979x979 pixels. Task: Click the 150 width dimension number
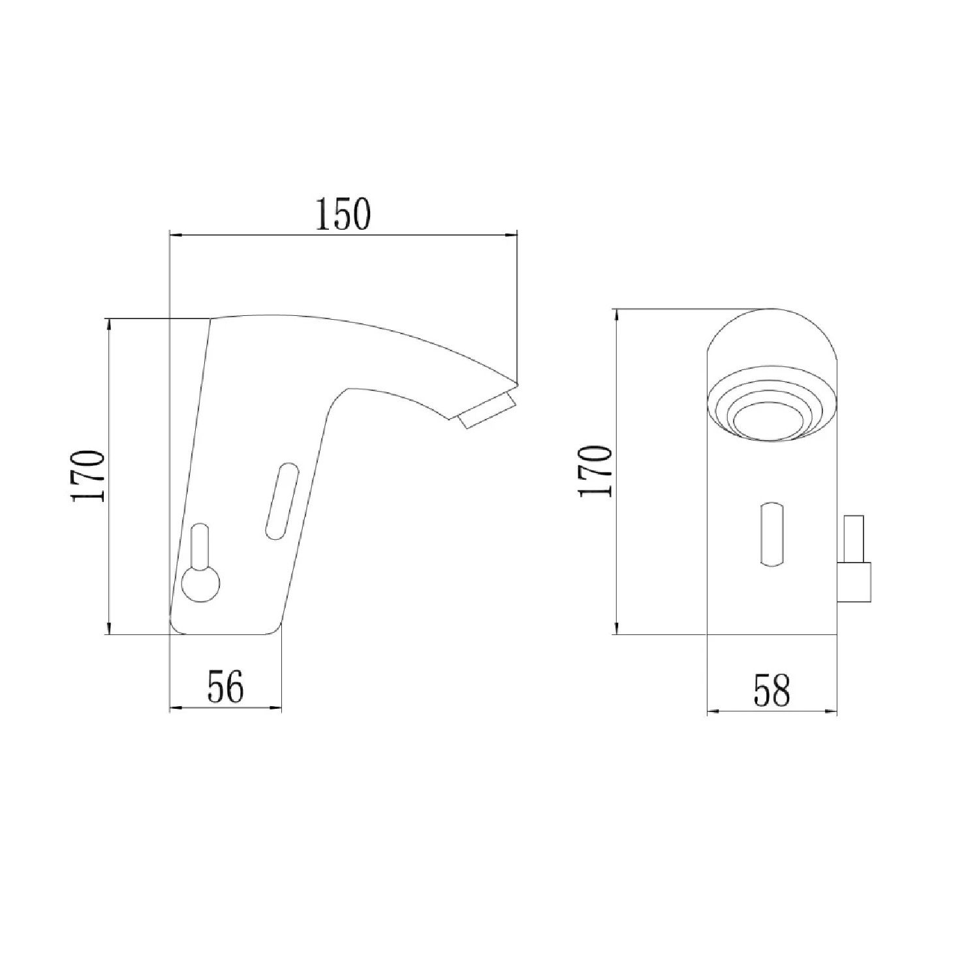click(343, 213)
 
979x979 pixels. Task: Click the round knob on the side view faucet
click(201, 583)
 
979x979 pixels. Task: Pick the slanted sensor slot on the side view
click(281, 501)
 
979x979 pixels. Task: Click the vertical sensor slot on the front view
click(771, 533)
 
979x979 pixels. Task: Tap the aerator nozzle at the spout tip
click(487, 411)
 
